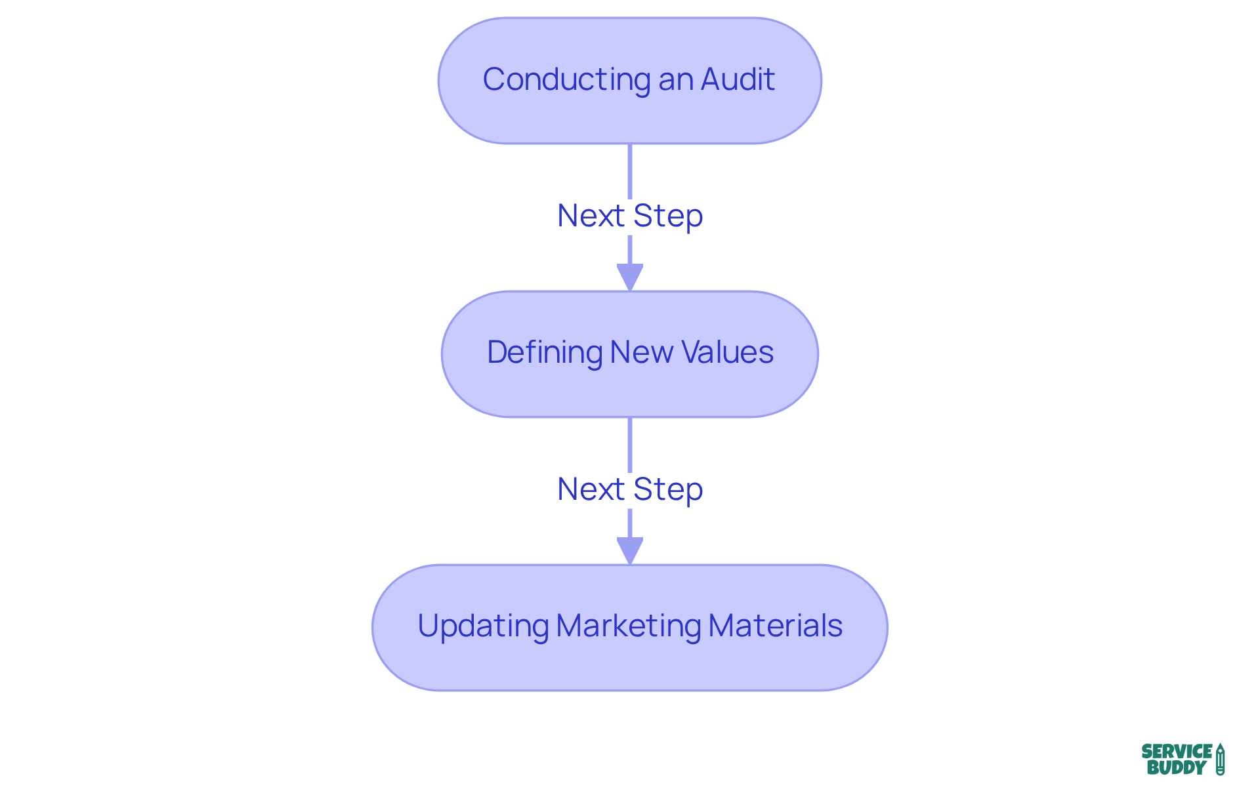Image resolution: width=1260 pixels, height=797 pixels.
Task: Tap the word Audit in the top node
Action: (x=738, y=80)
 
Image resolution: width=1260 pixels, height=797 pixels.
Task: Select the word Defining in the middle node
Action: (x=545, y=353)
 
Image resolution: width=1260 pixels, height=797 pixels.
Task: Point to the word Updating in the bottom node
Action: (x=483, y=626)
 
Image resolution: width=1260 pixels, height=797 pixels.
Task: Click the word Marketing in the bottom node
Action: (x=628, y=626)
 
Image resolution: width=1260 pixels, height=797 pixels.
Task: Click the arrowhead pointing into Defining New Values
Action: (x=629, y=277)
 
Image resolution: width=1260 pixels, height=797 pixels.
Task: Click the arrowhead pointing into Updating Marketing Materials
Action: (x=629, y=550)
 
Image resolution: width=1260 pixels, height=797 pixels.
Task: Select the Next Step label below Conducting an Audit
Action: (x=629, y=216)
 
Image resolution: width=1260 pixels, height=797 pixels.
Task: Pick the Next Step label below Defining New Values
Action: (x=629, y=489)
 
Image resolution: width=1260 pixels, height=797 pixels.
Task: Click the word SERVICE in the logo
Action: (x=1177, y=752)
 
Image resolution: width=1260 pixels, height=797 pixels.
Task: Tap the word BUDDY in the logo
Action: (x=1176, y=767)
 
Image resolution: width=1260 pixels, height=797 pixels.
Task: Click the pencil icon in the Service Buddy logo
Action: (x=1220, y=760)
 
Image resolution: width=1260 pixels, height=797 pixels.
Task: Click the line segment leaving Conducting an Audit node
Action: (x=629, y=171)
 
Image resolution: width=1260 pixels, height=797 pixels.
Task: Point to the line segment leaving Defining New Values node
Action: (x=629, y=444)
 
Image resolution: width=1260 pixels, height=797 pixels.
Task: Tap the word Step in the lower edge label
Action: (x=668, y=489)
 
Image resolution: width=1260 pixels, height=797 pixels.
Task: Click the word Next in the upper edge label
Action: (x=591, y=216)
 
